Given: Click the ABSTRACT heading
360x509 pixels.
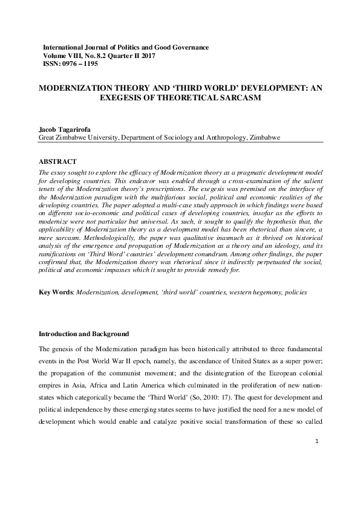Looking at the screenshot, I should pyautogui.click(x=57, y=162).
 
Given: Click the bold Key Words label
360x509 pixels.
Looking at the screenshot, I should pyautogui.click(x=56, y=292).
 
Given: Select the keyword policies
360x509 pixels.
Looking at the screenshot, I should pyautogui.click(x=293, y=292).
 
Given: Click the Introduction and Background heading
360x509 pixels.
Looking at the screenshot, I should pyautogui.click(x=84, y=334).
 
